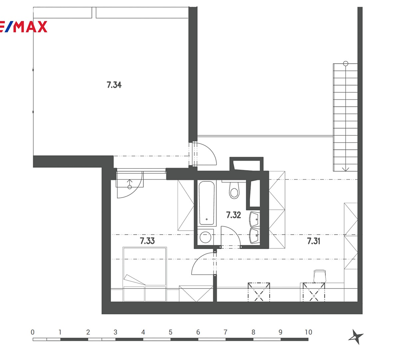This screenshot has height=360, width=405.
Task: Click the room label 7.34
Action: [114, 85]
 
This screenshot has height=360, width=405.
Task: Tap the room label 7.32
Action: [233, 215]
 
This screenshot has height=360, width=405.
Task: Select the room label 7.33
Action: [147, 241]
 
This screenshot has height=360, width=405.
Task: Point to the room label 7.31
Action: [313, 241]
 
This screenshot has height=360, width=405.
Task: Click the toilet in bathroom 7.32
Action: [234, 190]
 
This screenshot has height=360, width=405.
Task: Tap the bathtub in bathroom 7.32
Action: [206, 203]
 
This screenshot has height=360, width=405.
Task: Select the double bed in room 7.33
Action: [145, 274]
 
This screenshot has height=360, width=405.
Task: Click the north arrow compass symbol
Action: [356, 337]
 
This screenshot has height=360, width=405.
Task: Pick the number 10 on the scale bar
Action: [308, 332]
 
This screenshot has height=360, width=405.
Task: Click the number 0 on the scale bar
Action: [33, 332]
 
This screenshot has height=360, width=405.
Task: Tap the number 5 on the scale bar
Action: [170, 332]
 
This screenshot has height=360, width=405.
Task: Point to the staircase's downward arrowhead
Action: [345, 169]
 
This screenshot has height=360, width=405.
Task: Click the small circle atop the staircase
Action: [345, 64]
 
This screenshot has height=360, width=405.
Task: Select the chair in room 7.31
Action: [320, 276]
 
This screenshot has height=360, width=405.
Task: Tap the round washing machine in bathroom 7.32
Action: [205, 237]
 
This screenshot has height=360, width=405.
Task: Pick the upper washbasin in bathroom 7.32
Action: [254, 219]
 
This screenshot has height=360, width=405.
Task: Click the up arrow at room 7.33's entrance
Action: [130, 182]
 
